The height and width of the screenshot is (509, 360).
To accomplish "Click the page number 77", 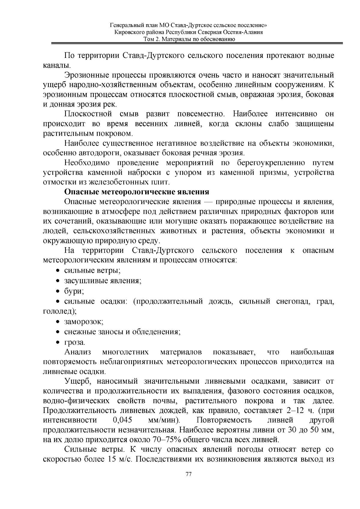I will point(189,474).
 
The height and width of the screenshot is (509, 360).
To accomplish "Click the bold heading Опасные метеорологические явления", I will point(137,192).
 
